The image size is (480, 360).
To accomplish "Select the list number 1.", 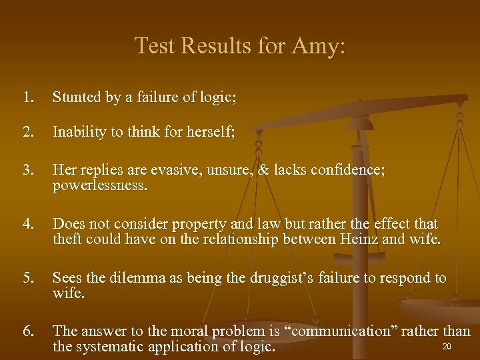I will [x=27, y=97].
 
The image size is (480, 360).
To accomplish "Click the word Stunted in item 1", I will [x=77, y=97].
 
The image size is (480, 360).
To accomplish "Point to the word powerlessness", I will [x=99, y=185].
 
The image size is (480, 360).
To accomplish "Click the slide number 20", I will [x=447, y=346].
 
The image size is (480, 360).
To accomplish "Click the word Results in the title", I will [x=213, y=46].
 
